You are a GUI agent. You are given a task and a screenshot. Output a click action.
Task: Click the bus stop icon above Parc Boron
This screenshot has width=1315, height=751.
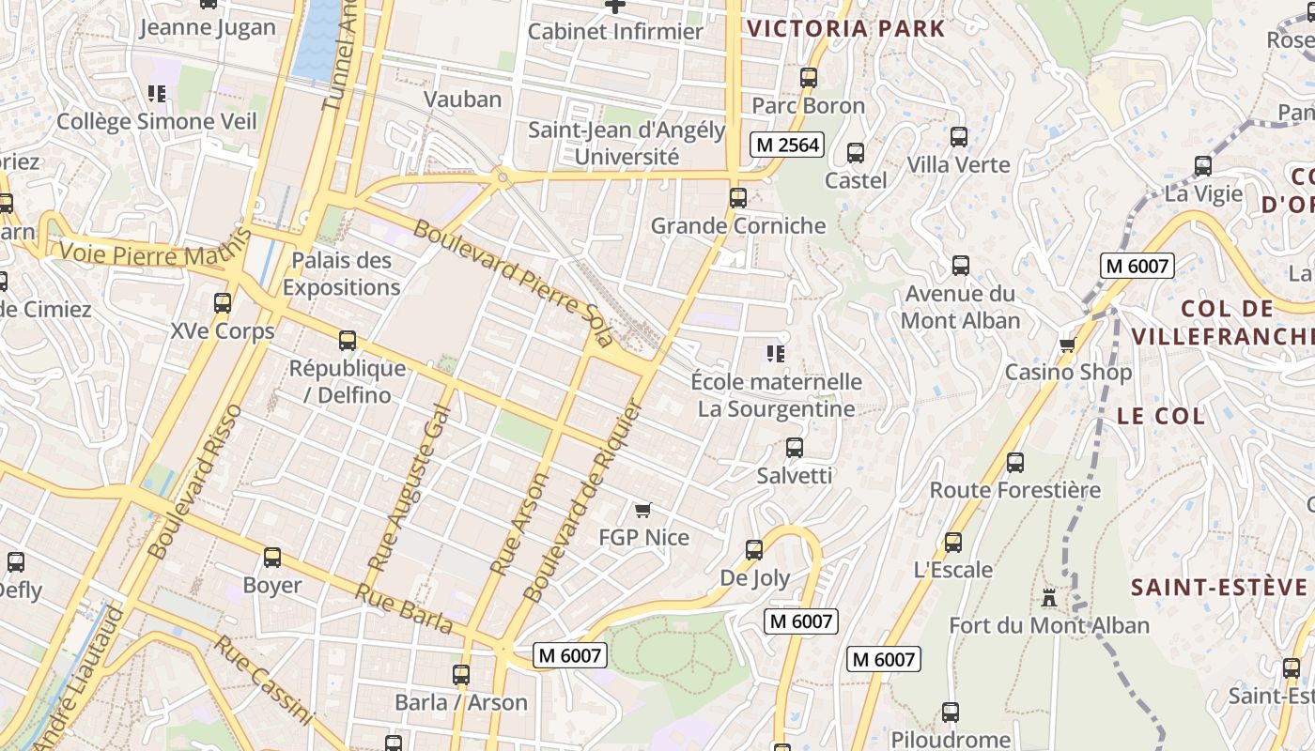[x=809, y=78]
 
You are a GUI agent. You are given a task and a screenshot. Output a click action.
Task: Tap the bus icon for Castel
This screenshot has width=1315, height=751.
[x=856, y=153]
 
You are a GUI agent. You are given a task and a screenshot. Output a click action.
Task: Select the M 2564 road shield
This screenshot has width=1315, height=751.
[x=788, y=145]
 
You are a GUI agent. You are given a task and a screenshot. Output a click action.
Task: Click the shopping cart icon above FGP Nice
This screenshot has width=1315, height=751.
[x=642, y=511]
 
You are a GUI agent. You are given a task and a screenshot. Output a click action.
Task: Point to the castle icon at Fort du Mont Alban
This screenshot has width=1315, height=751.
[x=1049, y=597]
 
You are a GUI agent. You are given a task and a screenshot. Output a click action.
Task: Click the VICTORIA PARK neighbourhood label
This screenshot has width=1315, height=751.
[x=845, y=28]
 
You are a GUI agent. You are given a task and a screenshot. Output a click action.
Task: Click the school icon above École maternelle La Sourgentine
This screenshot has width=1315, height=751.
[x=776, y=354]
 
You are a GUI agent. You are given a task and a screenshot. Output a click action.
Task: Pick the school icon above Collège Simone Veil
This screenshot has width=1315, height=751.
[x=157, y=94]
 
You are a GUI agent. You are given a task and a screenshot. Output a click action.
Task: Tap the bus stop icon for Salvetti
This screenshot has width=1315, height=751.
[x=795, y=448]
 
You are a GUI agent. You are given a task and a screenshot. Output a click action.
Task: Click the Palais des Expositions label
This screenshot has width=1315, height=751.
[x=341, y=273]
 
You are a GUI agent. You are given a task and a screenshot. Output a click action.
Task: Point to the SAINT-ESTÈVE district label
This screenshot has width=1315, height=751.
[x=1218, y=588]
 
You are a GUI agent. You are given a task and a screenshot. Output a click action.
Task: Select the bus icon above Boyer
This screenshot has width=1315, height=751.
[x=272, y=558]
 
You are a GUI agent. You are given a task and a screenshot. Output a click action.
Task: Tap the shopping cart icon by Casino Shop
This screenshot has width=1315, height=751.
[x=1067, y=345]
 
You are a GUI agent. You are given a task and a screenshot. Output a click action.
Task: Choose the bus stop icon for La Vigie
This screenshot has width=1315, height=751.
[x=1203, y=167]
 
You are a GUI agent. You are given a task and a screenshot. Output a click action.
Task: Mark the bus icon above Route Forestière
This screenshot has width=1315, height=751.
[x=1015, y=463]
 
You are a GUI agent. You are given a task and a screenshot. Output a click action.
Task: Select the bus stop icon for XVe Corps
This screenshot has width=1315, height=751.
[x=223, y=303]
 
